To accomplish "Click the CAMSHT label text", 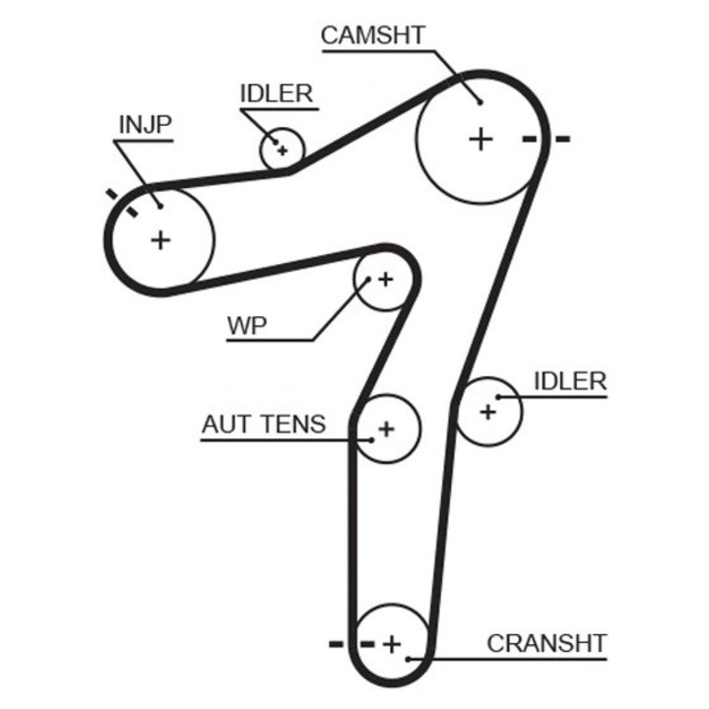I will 373,34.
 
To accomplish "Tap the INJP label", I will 145,124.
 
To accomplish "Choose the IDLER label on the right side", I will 570,381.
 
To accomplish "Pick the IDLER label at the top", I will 276,94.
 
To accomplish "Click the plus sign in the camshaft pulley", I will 480,139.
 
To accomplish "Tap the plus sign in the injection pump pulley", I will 160,238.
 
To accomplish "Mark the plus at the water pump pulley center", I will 385,280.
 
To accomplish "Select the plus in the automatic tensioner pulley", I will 386,428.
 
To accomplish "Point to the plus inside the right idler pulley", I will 487,412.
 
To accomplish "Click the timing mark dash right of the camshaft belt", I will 562,139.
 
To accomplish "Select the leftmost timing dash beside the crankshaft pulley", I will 336,644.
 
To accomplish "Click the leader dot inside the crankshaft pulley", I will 408,658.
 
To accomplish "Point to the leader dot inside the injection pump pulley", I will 158,206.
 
